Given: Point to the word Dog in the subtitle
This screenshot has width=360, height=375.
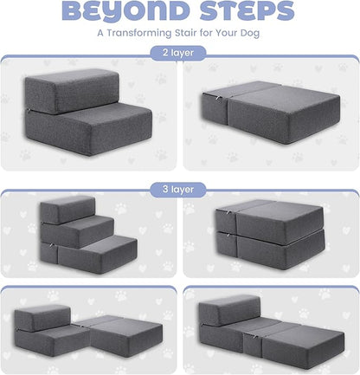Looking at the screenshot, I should [252, 35].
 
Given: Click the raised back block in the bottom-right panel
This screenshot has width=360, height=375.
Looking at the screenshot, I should [229, 310].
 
